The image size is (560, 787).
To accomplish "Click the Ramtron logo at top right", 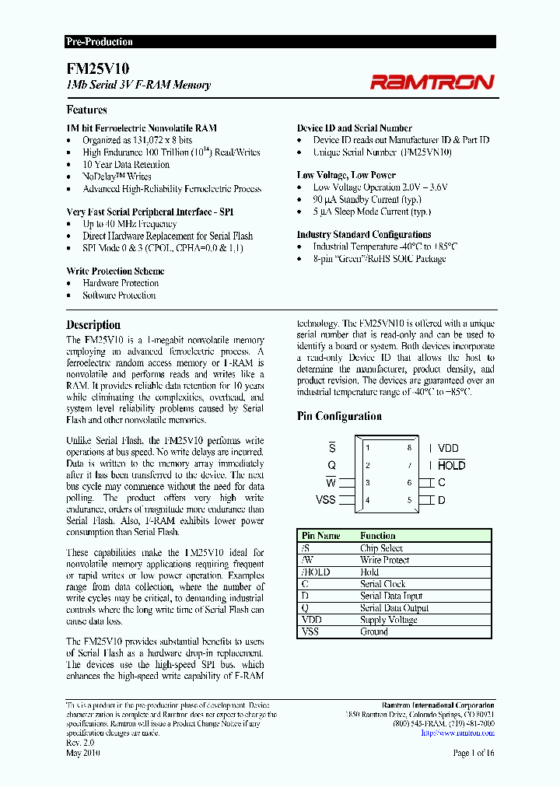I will tap(431, 82).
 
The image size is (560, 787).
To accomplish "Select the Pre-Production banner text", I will tap(99, 42).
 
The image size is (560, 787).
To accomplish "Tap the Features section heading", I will tap(86, 110).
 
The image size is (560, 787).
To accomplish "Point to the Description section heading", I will tap(93, 325).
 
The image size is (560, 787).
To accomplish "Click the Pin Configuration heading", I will tap(339, 416).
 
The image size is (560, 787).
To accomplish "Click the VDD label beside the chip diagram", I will tap(448, 448).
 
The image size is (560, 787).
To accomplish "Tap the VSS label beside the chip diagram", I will tap(326, 499).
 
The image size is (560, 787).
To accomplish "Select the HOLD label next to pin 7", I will tap(451, 465).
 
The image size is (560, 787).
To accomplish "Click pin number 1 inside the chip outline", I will tap(368, 448).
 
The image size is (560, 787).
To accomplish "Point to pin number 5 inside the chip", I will tap(408, 499).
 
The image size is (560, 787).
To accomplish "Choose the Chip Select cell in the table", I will tap(381, 548).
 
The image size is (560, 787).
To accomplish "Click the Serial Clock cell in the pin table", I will tap(383, 584).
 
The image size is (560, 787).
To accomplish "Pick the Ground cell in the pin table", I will tap(373, 631).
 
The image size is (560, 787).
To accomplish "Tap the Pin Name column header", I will tap(321, 536).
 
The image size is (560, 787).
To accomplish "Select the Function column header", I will tap(378, 536).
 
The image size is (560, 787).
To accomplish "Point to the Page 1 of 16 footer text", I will tap(473, 753).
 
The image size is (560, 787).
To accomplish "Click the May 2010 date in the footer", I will tap(82, 753).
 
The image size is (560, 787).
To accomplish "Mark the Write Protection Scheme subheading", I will tap(115, 271).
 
